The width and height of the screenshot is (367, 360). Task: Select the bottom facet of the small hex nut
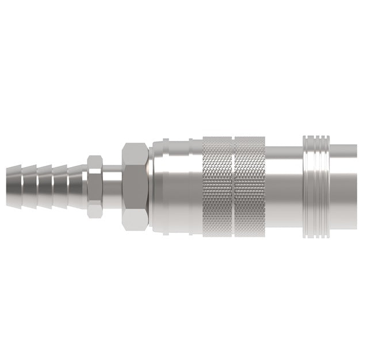coord(95,211)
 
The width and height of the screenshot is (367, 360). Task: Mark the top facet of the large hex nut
coord(135,152)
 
